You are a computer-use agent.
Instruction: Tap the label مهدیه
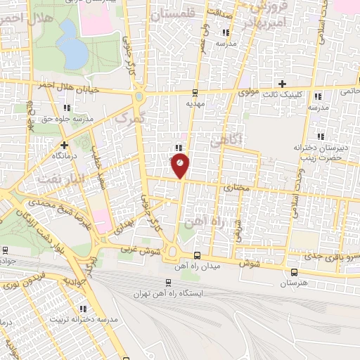(x=195, y=103)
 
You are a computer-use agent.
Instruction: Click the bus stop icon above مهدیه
(x=195, y=92)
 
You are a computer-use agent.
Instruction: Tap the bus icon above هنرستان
(x=294, y=273)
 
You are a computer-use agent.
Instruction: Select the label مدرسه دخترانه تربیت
(x=83, y=319)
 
